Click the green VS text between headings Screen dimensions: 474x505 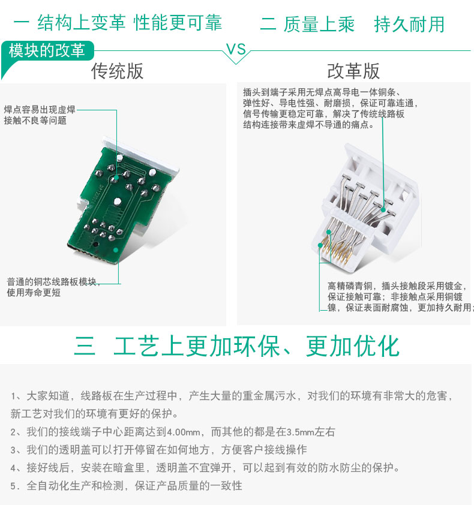(x=236, y=49)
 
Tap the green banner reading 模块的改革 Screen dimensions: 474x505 (x=47, y=51)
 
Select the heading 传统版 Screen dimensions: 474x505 (x=117, y=71)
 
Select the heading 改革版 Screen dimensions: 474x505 (x=353, y=71)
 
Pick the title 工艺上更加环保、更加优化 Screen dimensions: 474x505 (x=257, y=346)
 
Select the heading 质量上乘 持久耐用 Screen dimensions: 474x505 (x=364, y=24)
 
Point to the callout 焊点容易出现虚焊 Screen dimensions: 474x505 (x=40, y=110)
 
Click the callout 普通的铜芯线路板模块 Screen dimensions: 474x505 (x=52, y=282)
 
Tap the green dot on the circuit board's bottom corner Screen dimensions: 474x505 (x=116, y=250)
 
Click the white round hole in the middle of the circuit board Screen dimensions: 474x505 (x=117, y=202)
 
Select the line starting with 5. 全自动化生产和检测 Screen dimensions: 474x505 (x=127, y=485)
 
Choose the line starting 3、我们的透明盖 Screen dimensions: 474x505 (x=158, y=450)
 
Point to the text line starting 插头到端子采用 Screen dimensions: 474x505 (x=322, y=92)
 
